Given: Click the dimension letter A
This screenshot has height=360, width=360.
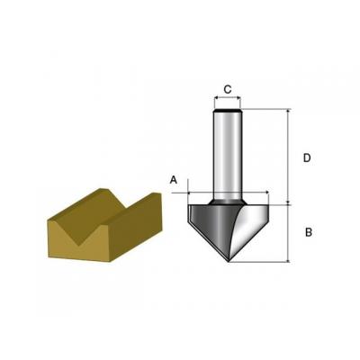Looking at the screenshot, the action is [x=174, y=180].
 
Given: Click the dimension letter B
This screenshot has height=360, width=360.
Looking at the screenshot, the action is [x=309, y=232].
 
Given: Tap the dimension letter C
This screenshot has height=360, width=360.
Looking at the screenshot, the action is [x=228, y=89].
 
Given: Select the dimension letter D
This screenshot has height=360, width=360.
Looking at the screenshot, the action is [x=307, y=157].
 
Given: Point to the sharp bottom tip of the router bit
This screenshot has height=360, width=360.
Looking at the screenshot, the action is [x=229, y=262].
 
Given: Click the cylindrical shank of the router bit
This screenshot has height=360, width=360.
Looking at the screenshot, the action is [x=228, y=155].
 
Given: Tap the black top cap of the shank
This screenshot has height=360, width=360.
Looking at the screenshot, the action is [x=228, y=111].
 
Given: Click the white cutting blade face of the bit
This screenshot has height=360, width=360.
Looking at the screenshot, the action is [x=250, y=229].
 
